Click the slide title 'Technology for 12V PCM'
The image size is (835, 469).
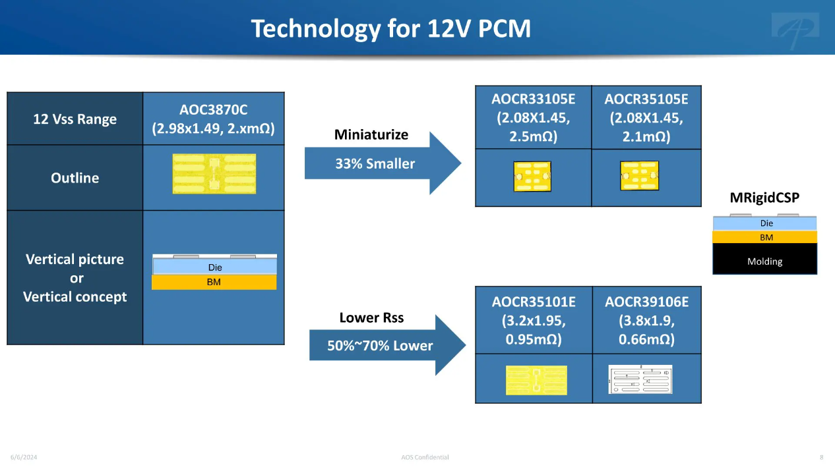coord(391,28)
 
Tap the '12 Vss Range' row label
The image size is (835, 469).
coord(75,119)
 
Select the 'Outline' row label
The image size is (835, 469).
coord(75,178)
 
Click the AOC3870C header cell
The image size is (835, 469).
coord(214,119)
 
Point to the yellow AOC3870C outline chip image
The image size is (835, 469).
coord(214,174)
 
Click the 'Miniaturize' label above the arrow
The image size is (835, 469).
coord(371,135)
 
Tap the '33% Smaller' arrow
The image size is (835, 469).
coord(383,163)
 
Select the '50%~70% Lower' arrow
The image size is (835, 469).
coord(387,345)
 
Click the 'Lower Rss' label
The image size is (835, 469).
coord(371,317)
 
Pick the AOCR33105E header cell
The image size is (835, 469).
coord(534,118)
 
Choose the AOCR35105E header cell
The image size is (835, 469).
coord(646,118)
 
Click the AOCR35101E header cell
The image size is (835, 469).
coord(534,320)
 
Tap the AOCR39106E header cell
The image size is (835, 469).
coord(647,320)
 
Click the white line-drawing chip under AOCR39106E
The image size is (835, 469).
coord(640,379)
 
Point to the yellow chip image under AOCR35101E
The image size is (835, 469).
coord(536,380)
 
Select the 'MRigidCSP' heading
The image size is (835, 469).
coord(764,198)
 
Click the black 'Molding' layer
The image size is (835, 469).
coord(765,259)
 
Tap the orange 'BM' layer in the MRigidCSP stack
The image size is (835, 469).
coord(765,237)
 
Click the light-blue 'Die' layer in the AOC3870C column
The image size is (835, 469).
coord(215,267)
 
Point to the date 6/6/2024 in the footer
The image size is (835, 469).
coord(24,457)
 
